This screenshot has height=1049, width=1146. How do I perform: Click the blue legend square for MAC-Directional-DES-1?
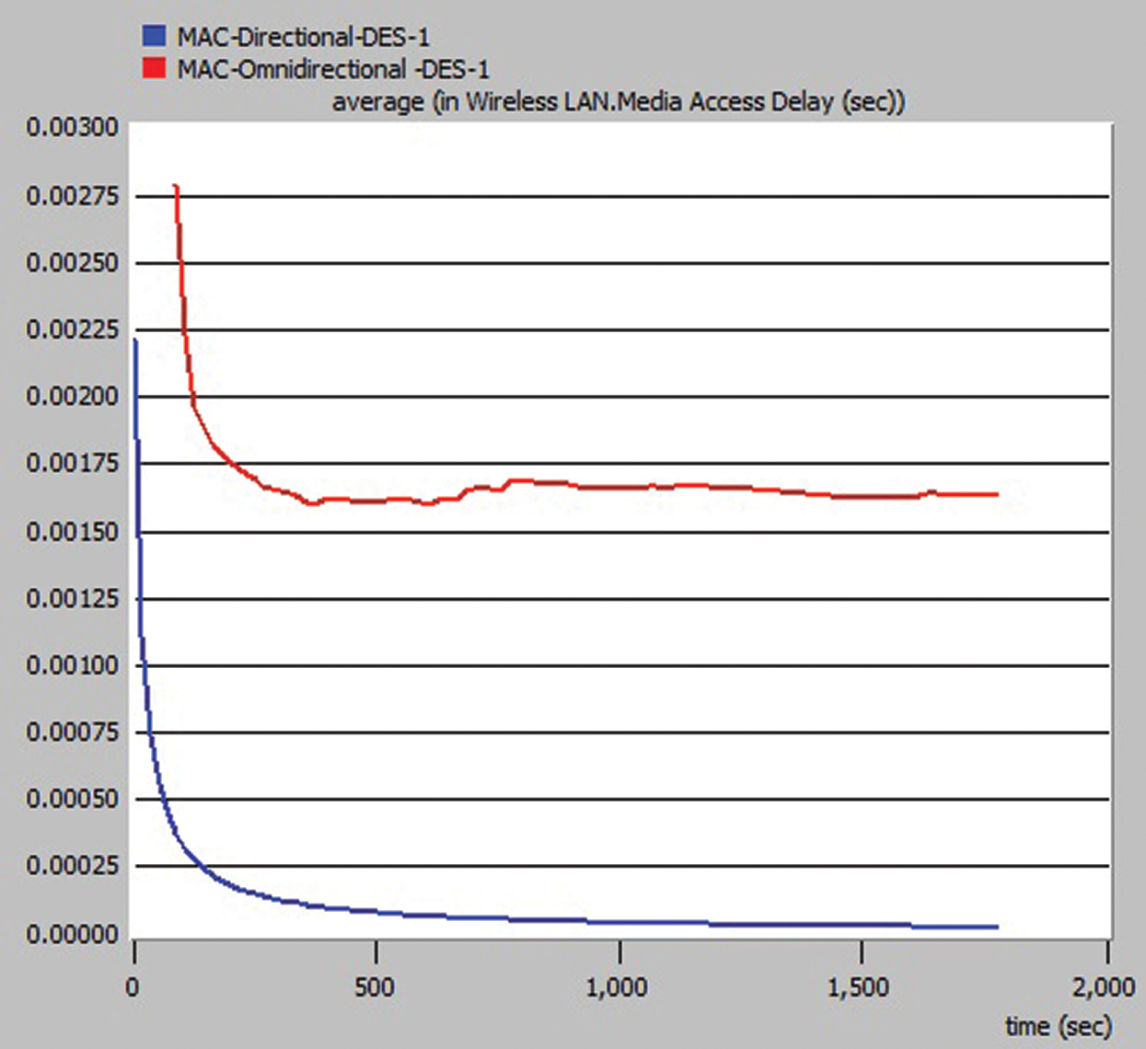154,36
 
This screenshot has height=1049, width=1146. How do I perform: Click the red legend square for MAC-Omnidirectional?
154,67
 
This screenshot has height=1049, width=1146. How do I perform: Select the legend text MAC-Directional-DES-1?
303,37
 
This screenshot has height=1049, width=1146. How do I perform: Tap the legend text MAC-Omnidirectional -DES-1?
333,68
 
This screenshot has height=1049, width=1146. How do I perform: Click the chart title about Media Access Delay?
619,101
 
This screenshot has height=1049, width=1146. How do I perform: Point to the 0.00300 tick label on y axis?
73,127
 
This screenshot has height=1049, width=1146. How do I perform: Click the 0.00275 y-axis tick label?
73,195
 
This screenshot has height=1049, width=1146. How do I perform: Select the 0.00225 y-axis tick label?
73,329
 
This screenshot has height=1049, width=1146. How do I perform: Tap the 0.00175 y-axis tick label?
73,463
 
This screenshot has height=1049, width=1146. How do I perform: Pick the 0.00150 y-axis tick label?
73,531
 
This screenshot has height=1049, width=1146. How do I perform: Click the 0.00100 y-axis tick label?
73,664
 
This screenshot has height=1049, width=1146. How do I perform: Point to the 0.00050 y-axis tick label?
73,799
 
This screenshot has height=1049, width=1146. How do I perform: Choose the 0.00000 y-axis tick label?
73,934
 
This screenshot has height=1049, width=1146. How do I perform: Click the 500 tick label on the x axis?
374,988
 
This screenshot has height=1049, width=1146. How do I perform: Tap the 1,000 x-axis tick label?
617,988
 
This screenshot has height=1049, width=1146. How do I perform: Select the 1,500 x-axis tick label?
858,988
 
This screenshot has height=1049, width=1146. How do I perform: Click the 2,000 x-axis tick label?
1103,988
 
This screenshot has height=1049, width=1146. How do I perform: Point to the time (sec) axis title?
1059,1025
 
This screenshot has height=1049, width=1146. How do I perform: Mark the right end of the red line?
997,495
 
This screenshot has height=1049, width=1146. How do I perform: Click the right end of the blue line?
997,927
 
